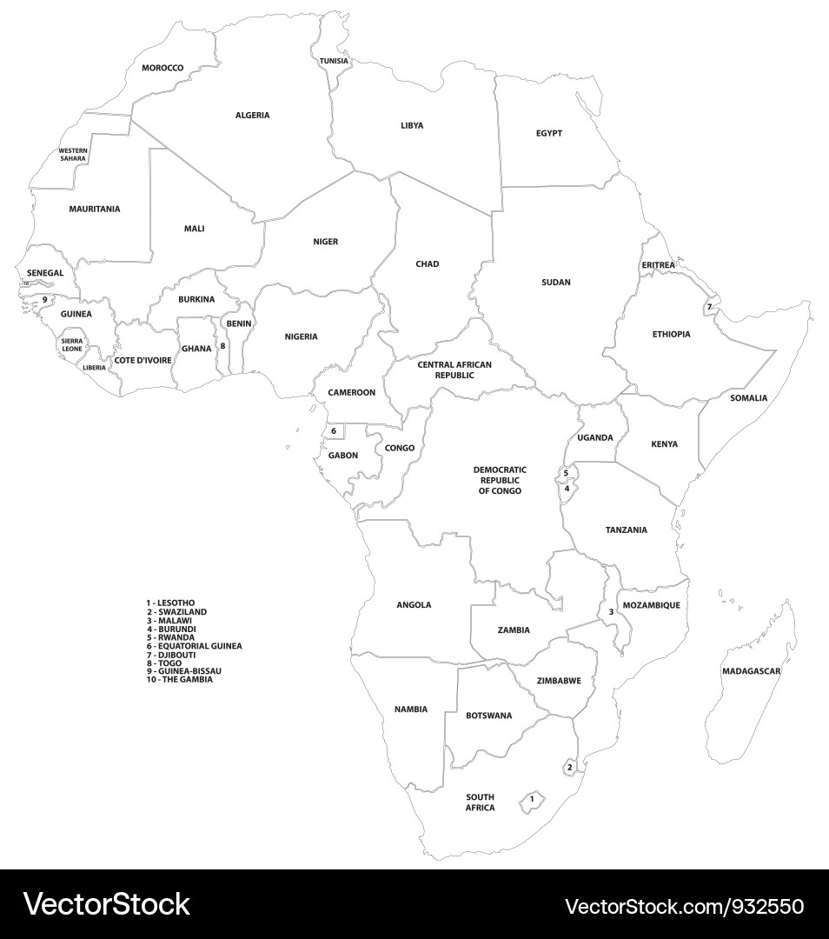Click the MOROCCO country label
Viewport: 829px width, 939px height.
[162, 68]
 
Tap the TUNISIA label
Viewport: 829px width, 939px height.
[334, 61]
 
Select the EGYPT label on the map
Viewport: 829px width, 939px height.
[548, 133]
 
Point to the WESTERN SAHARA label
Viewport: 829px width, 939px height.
[73, 155]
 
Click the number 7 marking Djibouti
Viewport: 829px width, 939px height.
[708, 307]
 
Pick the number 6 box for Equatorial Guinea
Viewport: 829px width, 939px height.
[334, 430]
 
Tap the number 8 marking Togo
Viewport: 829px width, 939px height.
[222, 345]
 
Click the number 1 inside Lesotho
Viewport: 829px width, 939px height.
[532, 798]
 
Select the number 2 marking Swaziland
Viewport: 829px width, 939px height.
[569, 767]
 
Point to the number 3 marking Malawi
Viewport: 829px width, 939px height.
[611, 612]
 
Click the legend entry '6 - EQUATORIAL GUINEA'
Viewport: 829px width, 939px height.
[194, 646]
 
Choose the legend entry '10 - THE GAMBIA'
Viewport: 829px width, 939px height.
[179, 679]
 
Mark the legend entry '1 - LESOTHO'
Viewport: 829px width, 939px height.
[170, 603]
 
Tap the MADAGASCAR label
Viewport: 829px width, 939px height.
[751, 671]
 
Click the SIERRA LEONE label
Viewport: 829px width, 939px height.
[72, 345]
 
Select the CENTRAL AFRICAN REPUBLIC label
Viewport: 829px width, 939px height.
[454, 370]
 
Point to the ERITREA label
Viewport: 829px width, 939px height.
[658, 264]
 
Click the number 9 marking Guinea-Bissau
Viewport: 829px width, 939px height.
[44, 300]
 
